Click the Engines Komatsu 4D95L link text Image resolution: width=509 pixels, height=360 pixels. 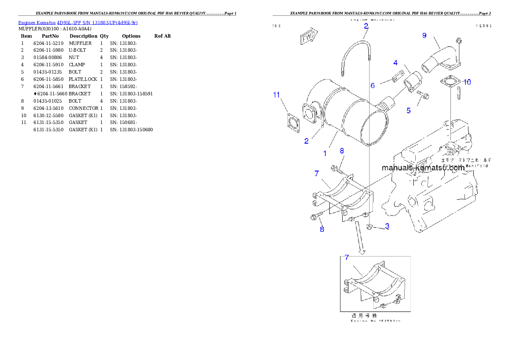point(77,23)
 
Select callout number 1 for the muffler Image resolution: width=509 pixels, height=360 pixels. point(325,153)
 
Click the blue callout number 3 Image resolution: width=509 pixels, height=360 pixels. point(387,226)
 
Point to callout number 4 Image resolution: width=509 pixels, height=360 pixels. point(395,63)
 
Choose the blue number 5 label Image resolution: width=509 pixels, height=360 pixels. point(408,111)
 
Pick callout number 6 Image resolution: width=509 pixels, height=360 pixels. point(373,86)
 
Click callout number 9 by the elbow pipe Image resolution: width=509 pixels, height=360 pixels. point(424,35)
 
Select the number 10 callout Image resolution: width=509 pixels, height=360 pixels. point(467,82)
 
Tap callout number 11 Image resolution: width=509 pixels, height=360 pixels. point(276,94)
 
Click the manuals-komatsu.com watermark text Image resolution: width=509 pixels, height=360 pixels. point(423,168)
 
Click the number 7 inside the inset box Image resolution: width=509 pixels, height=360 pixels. point(346,257)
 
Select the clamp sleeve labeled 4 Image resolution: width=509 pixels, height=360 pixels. point(414,81)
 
